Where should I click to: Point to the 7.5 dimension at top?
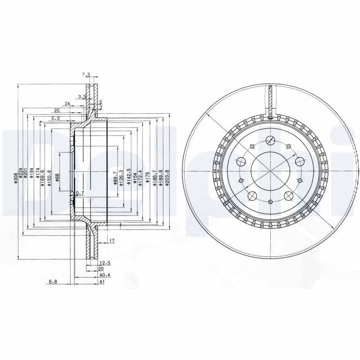point(86,75)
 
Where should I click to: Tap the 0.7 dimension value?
point(80,193)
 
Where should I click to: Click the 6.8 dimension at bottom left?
point(53,282)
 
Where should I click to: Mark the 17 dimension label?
point(112,241)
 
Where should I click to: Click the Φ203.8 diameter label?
point(167,178)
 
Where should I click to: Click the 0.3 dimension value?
point(55,119)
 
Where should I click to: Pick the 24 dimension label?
point(67,104)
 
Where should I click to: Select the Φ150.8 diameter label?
point(49,178)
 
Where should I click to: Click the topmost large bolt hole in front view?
point(270,139)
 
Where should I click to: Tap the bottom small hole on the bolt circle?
point(270,202)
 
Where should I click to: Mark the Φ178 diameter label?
point(147,177)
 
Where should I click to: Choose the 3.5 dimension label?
point(81,97)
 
